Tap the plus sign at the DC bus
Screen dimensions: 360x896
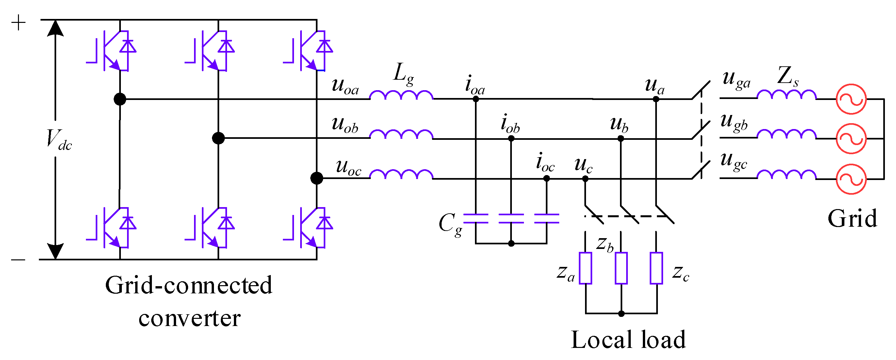[x=18, y=23]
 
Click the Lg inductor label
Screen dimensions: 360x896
[x=403, y=74]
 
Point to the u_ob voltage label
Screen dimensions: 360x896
[x=345, y=125]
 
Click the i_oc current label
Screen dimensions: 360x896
[x=545, y=163]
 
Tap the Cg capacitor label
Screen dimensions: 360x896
[x=450, y=224]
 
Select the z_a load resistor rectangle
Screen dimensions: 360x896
[x=585, y=268]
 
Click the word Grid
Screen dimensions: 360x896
[x=852, y=219]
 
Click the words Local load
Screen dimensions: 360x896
[x=628, y=340]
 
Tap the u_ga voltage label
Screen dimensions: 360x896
[x=736, y=80]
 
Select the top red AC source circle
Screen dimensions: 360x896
[x=851, y=99]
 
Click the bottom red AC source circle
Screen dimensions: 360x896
[x=851, y=179]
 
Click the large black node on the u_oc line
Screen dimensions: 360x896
[x=317, y=178]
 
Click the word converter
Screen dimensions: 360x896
[x=189, y=318]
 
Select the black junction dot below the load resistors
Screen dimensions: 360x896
[x=621, y=314]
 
